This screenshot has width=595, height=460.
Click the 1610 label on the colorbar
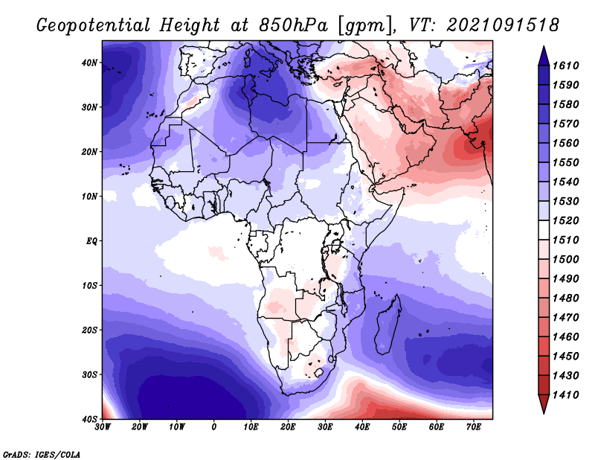click(x=565, y=66)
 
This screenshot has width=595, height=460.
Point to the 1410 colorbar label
click(x=565, y=395)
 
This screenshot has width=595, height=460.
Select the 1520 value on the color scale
click(x=565, y=220)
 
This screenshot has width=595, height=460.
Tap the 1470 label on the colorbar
click(x=565, y=318)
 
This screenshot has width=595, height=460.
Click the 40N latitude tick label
click(x=89, y=63)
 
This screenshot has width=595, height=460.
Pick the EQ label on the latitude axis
click(x=91, y=241)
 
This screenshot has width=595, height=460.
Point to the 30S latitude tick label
click(x=89, y=375)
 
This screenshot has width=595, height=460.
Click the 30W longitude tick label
click(x=103, y=427)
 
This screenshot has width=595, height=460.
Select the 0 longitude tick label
click(x=214, y=427)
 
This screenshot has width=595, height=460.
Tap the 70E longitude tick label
click(x=474, y=427)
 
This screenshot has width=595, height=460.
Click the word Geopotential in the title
click(x=94, y=26)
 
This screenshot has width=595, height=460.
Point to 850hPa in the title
click(x=293, y=25)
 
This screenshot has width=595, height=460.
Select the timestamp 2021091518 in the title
click(x=503, y=25)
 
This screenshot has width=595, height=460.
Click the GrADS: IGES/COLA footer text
click(x=42, y=454)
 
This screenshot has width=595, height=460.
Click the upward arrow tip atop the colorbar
click(x=544, y=47)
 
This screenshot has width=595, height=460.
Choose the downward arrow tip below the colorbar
click(x=544, y=413)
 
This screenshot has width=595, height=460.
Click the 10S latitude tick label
click(x=89, y=286)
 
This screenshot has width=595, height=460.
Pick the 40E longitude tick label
click(x=362, y=427)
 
